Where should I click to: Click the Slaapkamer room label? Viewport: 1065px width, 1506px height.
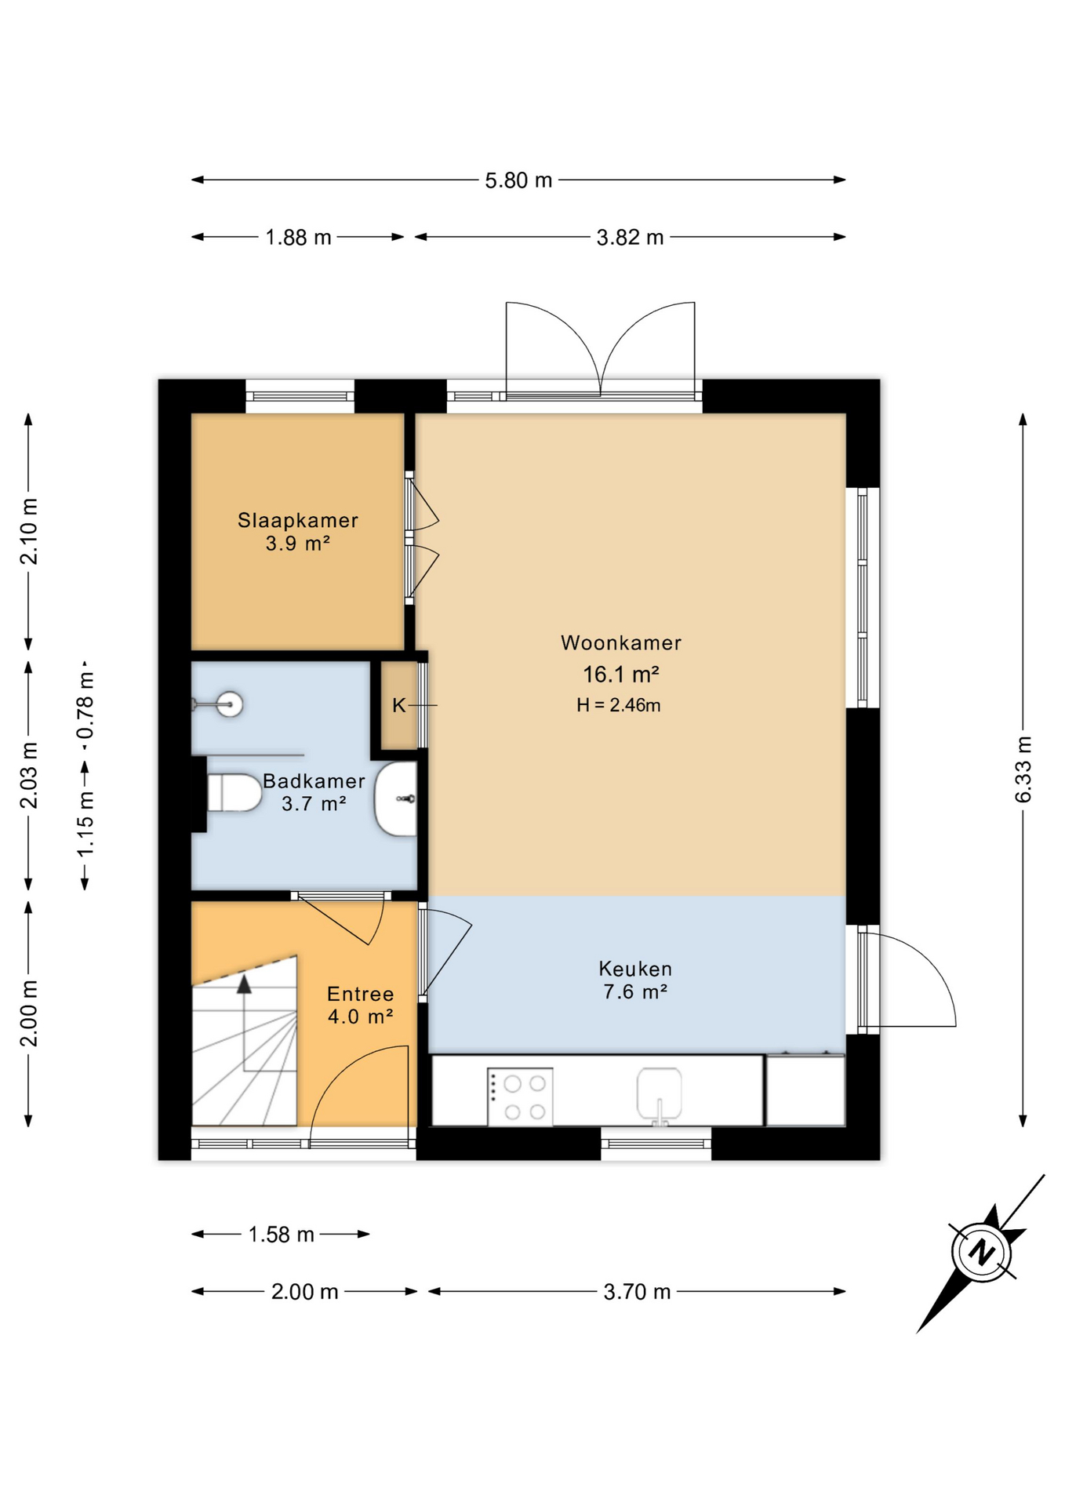pos(298,520)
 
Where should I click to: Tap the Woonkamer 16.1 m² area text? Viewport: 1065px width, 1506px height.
pos(620,675)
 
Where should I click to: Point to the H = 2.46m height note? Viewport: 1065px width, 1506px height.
pos(618,705)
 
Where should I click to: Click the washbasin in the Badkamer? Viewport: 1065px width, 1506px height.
pos(397,798)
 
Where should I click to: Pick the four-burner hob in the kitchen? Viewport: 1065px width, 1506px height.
pos(521,1097)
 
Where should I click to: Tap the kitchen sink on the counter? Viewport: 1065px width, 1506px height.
pos(659,1094)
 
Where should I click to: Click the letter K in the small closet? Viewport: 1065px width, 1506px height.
pos(398,705)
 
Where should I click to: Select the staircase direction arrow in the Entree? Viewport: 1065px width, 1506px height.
pos(244,986)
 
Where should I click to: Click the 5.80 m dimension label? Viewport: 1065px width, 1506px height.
pos(518,180)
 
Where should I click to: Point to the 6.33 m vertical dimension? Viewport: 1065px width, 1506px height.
pos(1023,769)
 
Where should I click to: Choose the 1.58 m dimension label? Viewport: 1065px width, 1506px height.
pos(281,1235)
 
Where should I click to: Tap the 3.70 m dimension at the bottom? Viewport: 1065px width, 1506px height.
pos(637,1292)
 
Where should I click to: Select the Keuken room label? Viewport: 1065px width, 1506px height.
pos(634,969)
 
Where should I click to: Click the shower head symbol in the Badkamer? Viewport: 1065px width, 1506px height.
pos(229,704)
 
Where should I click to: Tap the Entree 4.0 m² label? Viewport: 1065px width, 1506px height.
pos(360,1005)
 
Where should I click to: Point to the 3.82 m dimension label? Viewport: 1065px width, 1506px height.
pos(630,238)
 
